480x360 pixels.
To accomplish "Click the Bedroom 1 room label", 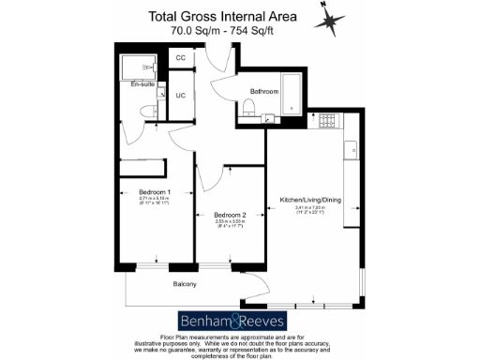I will click(x=142, y=192).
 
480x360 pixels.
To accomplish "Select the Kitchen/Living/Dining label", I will click(x=309, y=199).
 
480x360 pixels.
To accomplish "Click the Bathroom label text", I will click(x=263, y=91).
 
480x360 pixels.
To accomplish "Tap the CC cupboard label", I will click(x=181, y=58).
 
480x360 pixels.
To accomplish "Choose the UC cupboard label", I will click(x=181, y=95).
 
